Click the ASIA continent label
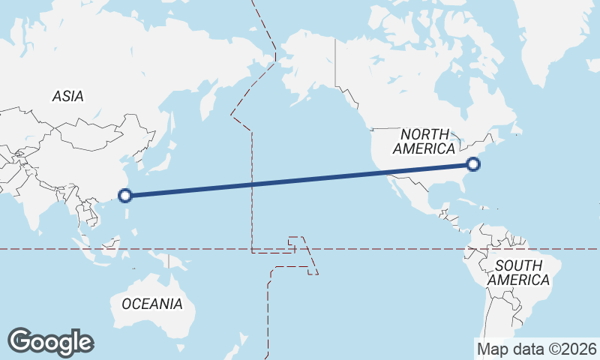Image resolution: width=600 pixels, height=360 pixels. point(67,96)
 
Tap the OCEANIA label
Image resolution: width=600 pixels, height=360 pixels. point(151,304)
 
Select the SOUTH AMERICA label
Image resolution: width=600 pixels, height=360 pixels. point(518,272)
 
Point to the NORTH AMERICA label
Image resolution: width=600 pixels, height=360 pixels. point(424,141)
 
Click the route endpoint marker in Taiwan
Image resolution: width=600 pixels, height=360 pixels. point(125,196)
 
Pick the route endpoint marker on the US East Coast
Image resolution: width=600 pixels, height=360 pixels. point(472,164)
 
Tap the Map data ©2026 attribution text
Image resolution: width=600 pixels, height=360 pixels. point(537,349)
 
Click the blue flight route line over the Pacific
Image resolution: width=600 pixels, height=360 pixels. point(300,180)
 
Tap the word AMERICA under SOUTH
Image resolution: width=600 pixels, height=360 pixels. point(518,280)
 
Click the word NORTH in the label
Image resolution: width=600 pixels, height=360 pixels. point(425,134)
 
